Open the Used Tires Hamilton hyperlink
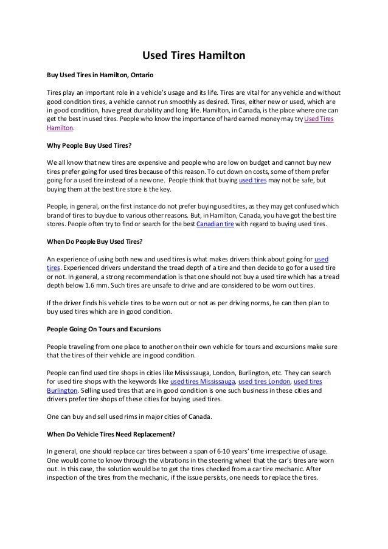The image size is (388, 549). point(322,120)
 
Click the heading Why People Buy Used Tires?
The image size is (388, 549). point(89,146)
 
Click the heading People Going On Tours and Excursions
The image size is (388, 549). point(103,330)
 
